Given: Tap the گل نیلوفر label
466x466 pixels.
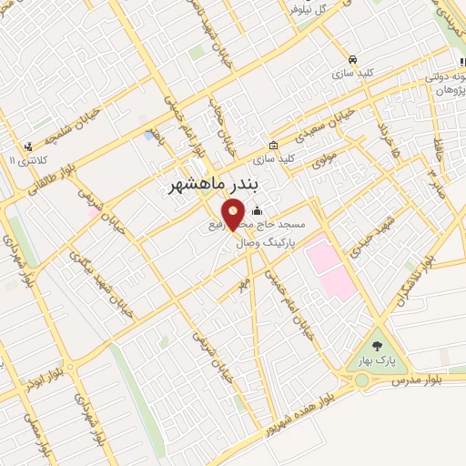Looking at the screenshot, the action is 306,11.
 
